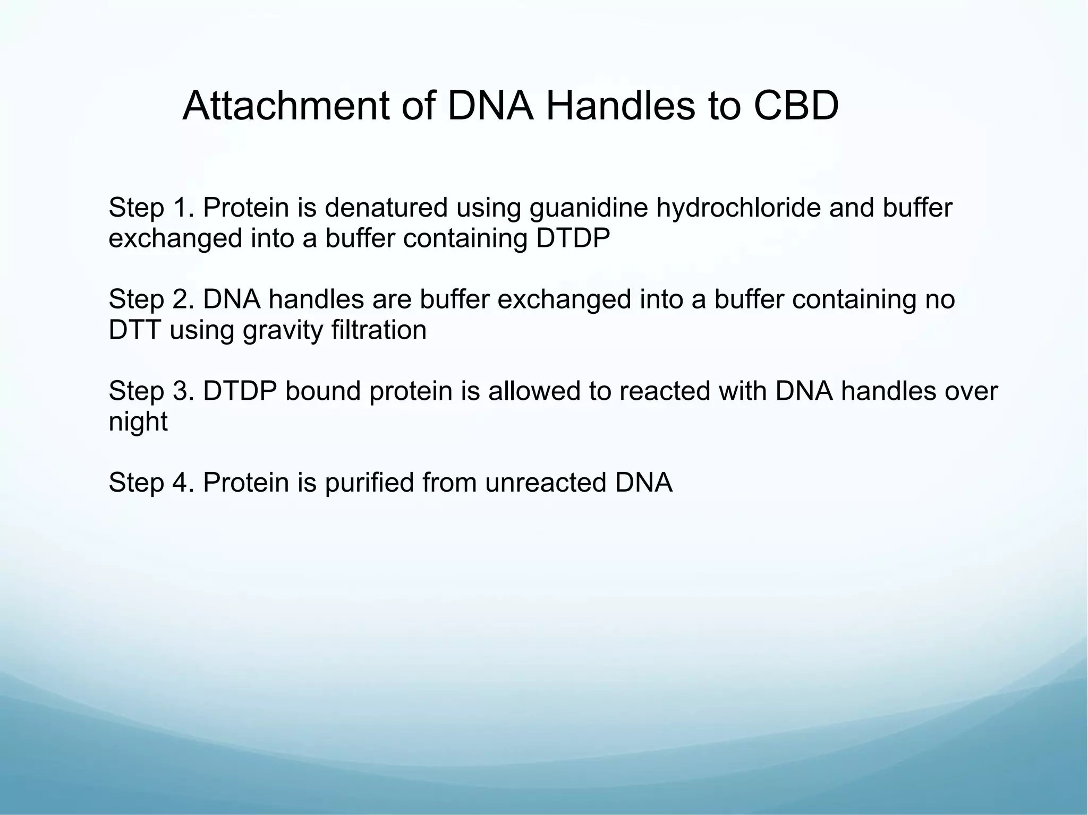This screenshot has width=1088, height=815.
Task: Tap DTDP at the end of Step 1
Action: [x=573, y=238]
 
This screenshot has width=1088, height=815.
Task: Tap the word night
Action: [x=138, y=423]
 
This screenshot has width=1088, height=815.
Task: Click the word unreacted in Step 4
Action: [x=545, y=483]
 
